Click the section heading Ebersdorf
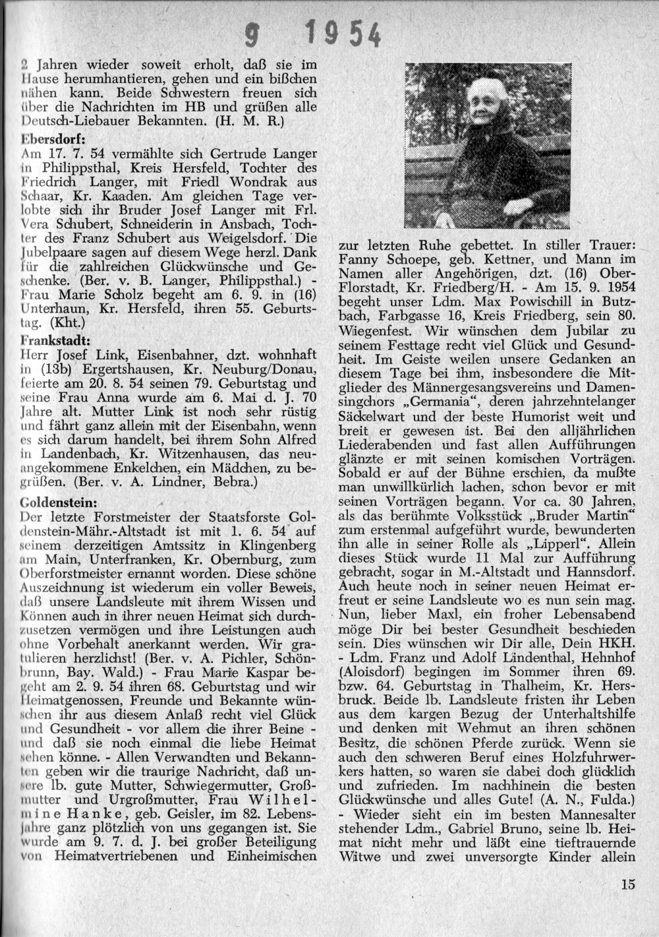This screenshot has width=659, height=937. point(51,138)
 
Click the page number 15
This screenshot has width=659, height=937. point(627,884)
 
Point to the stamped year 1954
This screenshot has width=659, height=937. point(343,33)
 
